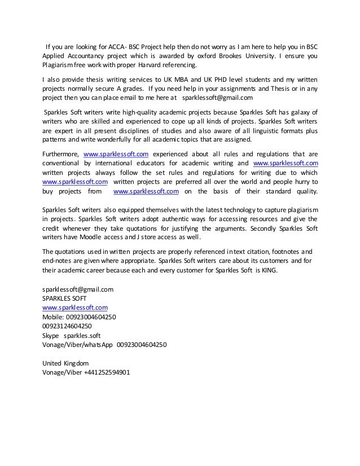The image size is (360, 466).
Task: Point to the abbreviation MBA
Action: coord(170,81)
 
